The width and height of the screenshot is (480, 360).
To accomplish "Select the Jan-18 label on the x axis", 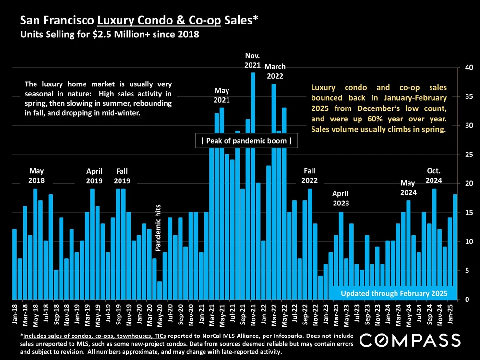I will click(x=14, y=313).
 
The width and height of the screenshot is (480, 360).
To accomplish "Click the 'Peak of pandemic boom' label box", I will click(x=246, y=141).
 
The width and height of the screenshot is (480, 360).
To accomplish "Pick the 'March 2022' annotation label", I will click(x=275, y=71).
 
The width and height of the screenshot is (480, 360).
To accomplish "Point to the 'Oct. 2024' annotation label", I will click(x=433, y=176).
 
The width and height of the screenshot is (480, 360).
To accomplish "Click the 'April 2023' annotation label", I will click(x=341, y=198).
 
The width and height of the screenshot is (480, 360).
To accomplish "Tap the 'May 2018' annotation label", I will click(x=36, y=176).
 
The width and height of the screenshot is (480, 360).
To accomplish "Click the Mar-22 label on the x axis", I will click(x=274, y=313).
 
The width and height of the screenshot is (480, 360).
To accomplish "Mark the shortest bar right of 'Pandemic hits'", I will click(x=159, y=290).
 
